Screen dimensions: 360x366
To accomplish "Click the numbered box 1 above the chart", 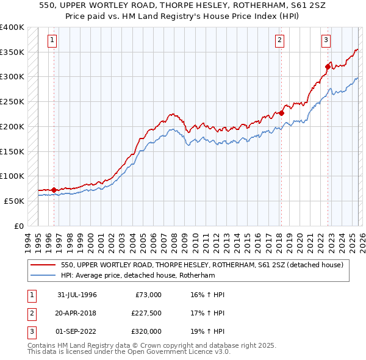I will [x=52, y=41].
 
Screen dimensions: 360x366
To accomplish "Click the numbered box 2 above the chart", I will [x=279, y=41].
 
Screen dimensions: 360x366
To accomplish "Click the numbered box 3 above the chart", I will [x=326, y=41].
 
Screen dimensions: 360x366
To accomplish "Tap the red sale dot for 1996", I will [x=54, y=190].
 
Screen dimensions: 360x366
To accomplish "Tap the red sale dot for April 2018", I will [x=282, y=113].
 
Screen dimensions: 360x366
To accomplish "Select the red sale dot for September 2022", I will [x=328, y=67].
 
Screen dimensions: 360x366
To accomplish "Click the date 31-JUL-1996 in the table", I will [x=77, y=295].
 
